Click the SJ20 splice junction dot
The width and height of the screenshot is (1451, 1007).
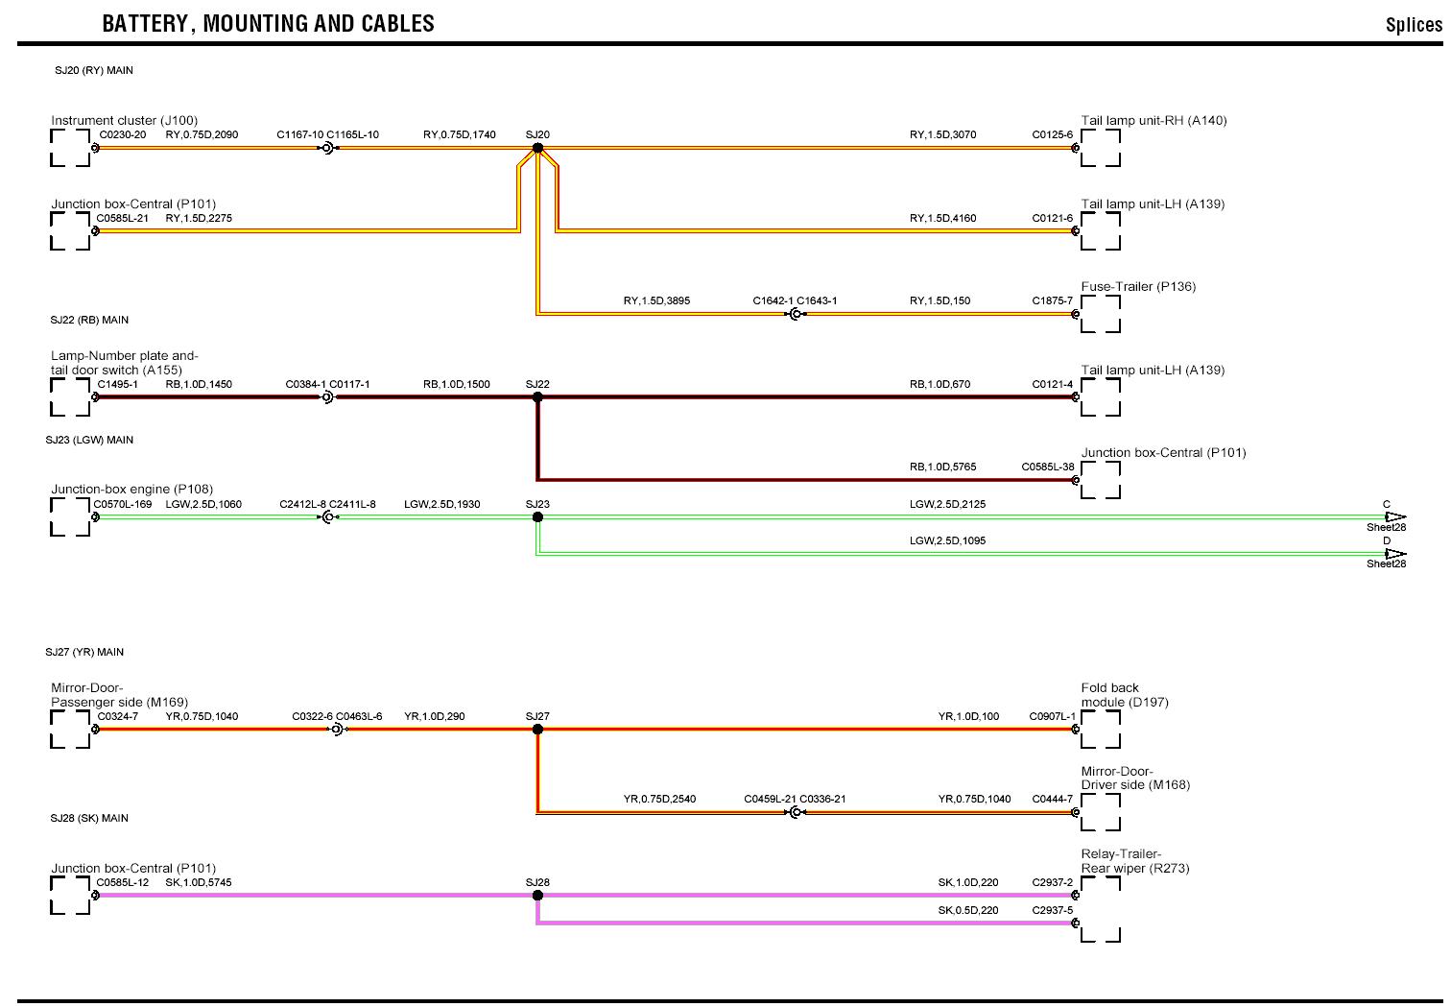click(x=537, y=148)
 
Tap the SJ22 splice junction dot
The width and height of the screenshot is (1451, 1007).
click(x=537, y=396)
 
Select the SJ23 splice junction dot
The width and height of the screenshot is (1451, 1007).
click(x=537, y=516)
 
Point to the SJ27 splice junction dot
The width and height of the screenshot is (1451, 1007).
click(x=537, y=729)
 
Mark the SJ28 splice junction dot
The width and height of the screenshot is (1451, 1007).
click(x=537, y=895)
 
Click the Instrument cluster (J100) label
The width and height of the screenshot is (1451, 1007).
click(x=124, y=121)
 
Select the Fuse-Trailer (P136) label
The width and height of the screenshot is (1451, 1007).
click(x=1138, y=287)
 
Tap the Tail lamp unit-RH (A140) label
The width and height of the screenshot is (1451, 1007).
click(x=1154, y=121)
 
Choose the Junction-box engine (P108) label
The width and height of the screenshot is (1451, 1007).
click(x=132, y=490)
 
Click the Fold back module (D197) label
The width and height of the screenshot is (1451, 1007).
click(x=1125, y=695)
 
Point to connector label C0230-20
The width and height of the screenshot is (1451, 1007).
click(x=122, y=135)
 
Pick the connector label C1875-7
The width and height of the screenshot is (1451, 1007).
click(x=1053, y=301)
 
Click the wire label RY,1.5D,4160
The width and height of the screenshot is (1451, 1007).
click(x=942, y=219)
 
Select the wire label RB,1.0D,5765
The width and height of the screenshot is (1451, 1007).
click(x=942, y=468)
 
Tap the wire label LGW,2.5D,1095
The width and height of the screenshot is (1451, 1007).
click(x=947, y=541)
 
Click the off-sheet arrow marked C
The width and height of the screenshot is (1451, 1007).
click(x=1394, y=516)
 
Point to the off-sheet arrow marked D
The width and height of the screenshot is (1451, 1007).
click(x=1394, y=553)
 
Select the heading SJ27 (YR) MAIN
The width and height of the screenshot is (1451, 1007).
click(x=84, y=653)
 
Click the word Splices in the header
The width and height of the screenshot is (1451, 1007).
click(x=1413, y=26)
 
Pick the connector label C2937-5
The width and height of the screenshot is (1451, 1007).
click(x=1053, y=910)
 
